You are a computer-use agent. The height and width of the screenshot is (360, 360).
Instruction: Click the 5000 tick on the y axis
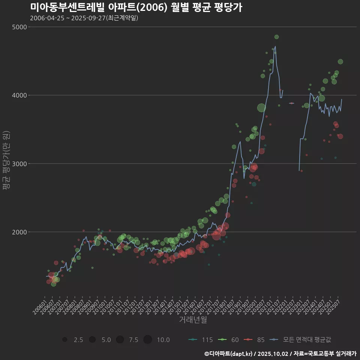click(x=20, y=27)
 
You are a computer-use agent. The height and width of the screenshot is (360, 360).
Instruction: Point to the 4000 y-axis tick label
click(x=20, y=95)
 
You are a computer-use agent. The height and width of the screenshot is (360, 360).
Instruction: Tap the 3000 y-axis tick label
click(x=20, y=163)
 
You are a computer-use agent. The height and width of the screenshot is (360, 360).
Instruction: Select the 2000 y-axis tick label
click(x=20, y=232)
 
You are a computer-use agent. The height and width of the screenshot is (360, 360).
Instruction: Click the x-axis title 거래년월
click(x=193, y=320)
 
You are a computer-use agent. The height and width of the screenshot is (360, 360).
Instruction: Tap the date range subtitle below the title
click(x=84, y=18)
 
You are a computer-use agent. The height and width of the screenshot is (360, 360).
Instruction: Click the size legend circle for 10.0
click(x=147, y=340)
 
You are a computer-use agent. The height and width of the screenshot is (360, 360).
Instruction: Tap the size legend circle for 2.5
click(x=65, y=340)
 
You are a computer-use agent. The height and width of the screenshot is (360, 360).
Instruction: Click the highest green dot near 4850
click(x=276, y=37)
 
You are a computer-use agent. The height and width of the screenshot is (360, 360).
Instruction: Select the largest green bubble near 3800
click(x=261, y=108)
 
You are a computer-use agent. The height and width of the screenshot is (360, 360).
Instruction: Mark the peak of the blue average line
click(x=275, y=46)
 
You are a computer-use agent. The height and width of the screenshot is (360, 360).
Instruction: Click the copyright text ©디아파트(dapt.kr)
click(x=228, y=354)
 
